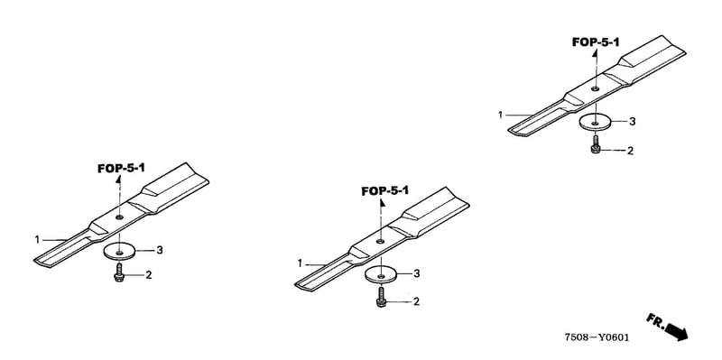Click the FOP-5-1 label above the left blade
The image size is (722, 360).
121,168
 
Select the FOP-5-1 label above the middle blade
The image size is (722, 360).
385,190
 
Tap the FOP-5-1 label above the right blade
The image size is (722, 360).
596,42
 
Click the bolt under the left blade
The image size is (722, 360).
119,272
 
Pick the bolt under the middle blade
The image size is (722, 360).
381,298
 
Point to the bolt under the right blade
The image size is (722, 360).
595,144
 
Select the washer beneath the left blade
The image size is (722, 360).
120,252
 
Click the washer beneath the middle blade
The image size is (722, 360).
381,275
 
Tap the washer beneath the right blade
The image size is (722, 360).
595,123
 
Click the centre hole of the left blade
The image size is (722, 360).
120,217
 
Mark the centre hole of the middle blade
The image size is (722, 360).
380,241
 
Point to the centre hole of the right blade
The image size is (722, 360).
595,88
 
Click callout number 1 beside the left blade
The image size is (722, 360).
37,239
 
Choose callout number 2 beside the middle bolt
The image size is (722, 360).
416,301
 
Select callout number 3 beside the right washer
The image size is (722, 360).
633,122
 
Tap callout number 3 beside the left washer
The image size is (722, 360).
160,250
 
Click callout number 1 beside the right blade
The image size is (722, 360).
501,115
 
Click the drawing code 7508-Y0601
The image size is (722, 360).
597,337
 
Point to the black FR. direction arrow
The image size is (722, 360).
676,331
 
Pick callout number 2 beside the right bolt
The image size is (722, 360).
630,151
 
